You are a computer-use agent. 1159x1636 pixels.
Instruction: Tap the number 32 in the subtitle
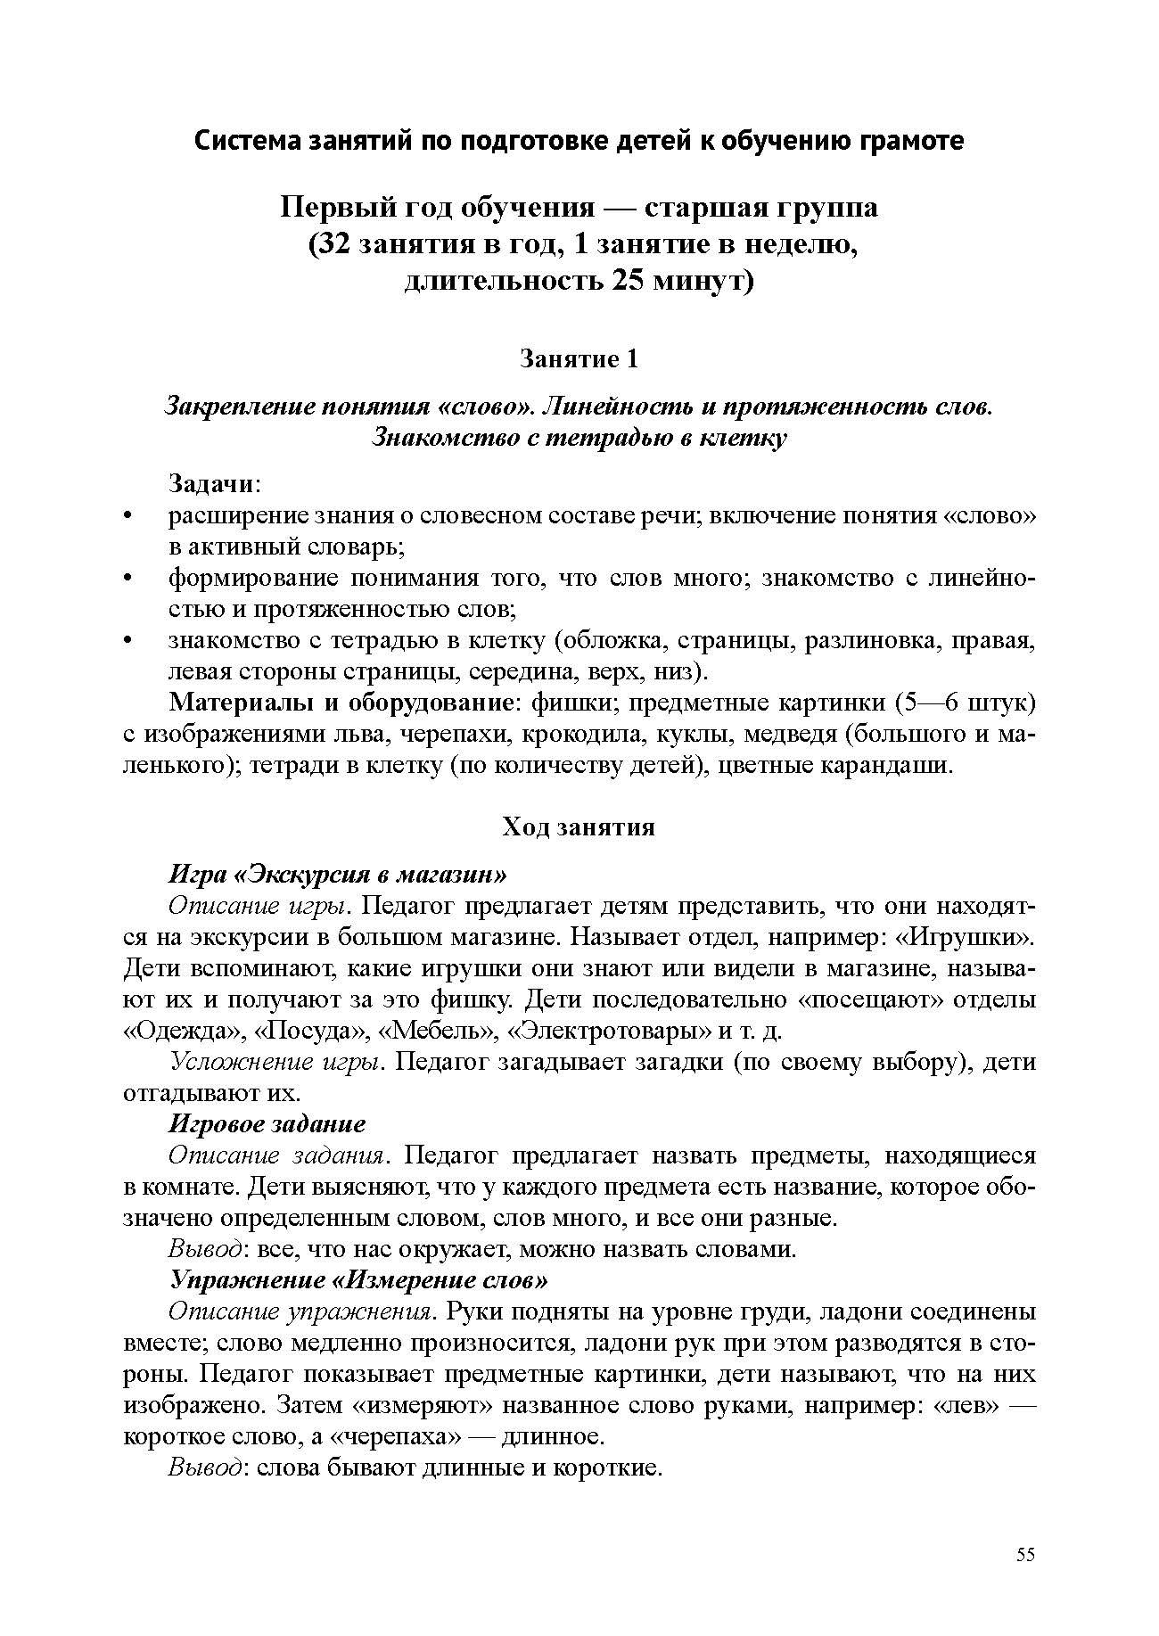(x=333, y=245)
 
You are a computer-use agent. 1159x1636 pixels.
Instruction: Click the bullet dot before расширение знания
(x=129, y=516)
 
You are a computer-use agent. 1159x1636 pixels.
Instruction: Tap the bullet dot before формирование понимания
(x=129, y=579)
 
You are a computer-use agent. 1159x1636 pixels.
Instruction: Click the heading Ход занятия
(x=579, y=827)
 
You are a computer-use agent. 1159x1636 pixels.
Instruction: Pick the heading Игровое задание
(x=267, y=1124)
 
